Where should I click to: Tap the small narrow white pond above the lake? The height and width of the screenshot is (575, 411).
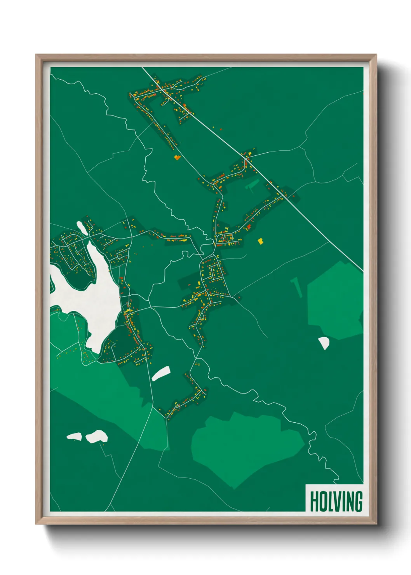tap(82, 228)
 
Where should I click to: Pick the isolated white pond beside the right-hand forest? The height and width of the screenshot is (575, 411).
tap(324, 343)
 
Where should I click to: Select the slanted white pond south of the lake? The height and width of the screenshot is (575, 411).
tap(160, 373)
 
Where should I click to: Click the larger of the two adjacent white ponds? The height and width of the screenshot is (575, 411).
tap(97, 436)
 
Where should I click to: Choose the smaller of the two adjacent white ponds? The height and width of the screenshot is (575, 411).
tap(74, 437)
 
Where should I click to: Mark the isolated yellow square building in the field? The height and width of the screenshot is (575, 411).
tap(261, 241)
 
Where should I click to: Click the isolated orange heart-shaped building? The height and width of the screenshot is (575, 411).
tap(177, 157)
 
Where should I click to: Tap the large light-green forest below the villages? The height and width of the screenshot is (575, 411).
tap(245, 447)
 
